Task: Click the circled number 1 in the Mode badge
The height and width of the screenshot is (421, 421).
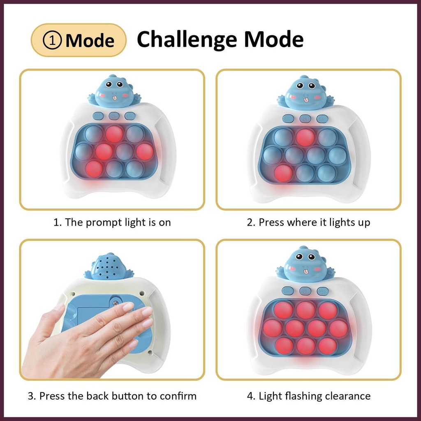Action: (x=54, y=40)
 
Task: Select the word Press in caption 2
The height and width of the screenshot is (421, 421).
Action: (x=271, y=222)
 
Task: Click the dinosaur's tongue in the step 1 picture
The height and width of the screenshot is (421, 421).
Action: (x=115, y=97)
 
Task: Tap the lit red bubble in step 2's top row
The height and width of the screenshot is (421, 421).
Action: (x=305, y=137)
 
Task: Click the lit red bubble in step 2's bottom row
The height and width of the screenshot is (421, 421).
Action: (x=283, y=173)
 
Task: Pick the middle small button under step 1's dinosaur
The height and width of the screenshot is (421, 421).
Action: (x=114, y=116)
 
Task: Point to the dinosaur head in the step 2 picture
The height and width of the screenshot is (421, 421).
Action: (x=305, y=93)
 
